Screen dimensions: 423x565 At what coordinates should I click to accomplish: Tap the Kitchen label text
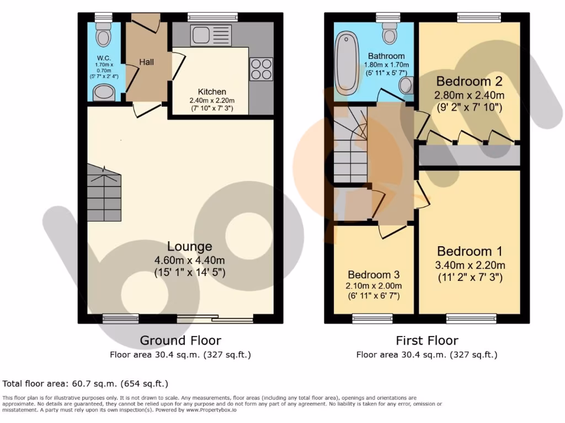[212, 91]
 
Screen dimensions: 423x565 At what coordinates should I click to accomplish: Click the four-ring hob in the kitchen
[261, 69]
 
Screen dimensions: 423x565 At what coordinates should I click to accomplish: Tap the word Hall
[146, 62]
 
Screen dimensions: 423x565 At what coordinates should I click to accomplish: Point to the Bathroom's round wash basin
[407, 85]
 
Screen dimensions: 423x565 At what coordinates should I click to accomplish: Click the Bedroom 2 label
[469, 82]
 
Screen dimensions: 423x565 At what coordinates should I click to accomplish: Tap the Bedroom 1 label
[469, 252]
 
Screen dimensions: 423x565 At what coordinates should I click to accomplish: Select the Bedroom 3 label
[374, 274]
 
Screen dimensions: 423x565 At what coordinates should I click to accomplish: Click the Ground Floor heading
[180, 340]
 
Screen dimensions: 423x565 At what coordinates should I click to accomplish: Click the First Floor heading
[427, 340]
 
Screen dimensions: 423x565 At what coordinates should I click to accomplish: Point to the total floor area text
[86, 383]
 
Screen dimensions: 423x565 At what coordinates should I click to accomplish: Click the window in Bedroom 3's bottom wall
[372, 318]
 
